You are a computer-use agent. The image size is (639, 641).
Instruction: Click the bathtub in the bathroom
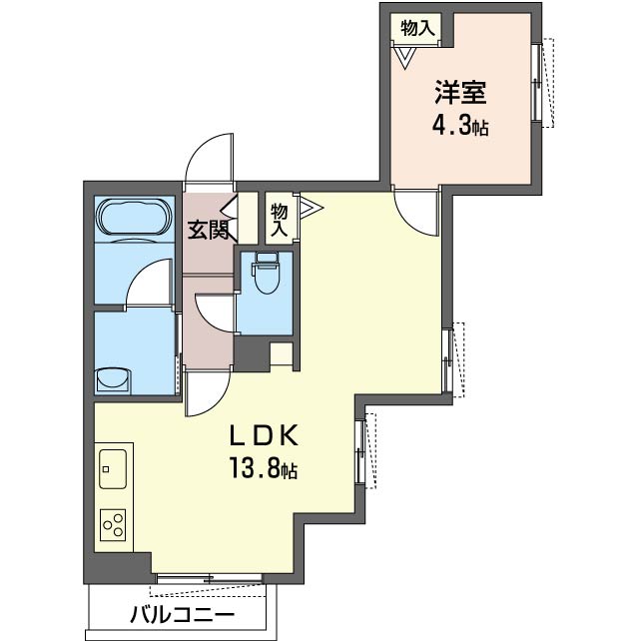pos(134,218)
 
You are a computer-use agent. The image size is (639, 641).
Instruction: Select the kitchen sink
pos(113,469)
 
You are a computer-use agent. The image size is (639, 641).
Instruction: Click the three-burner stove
pos(113,525)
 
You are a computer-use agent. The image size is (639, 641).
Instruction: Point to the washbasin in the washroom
pos(113,381)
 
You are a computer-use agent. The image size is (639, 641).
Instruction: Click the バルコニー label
pos(183,614)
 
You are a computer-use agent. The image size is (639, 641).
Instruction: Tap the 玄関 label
pos(208,231)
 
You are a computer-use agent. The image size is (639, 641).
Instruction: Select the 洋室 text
pos(460,93)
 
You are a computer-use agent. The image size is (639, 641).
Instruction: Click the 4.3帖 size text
pos(460,126)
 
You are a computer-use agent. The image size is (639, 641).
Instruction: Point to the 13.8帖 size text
pos(264,468)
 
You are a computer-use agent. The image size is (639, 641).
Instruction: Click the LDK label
pos(264,435)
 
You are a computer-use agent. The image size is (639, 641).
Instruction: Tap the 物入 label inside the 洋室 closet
pos(416,28)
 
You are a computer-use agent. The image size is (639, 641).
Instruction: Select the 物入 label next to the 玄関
pos(280,221)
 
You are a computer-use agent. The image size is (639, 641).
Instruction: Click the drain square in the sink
pos(106,469)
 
